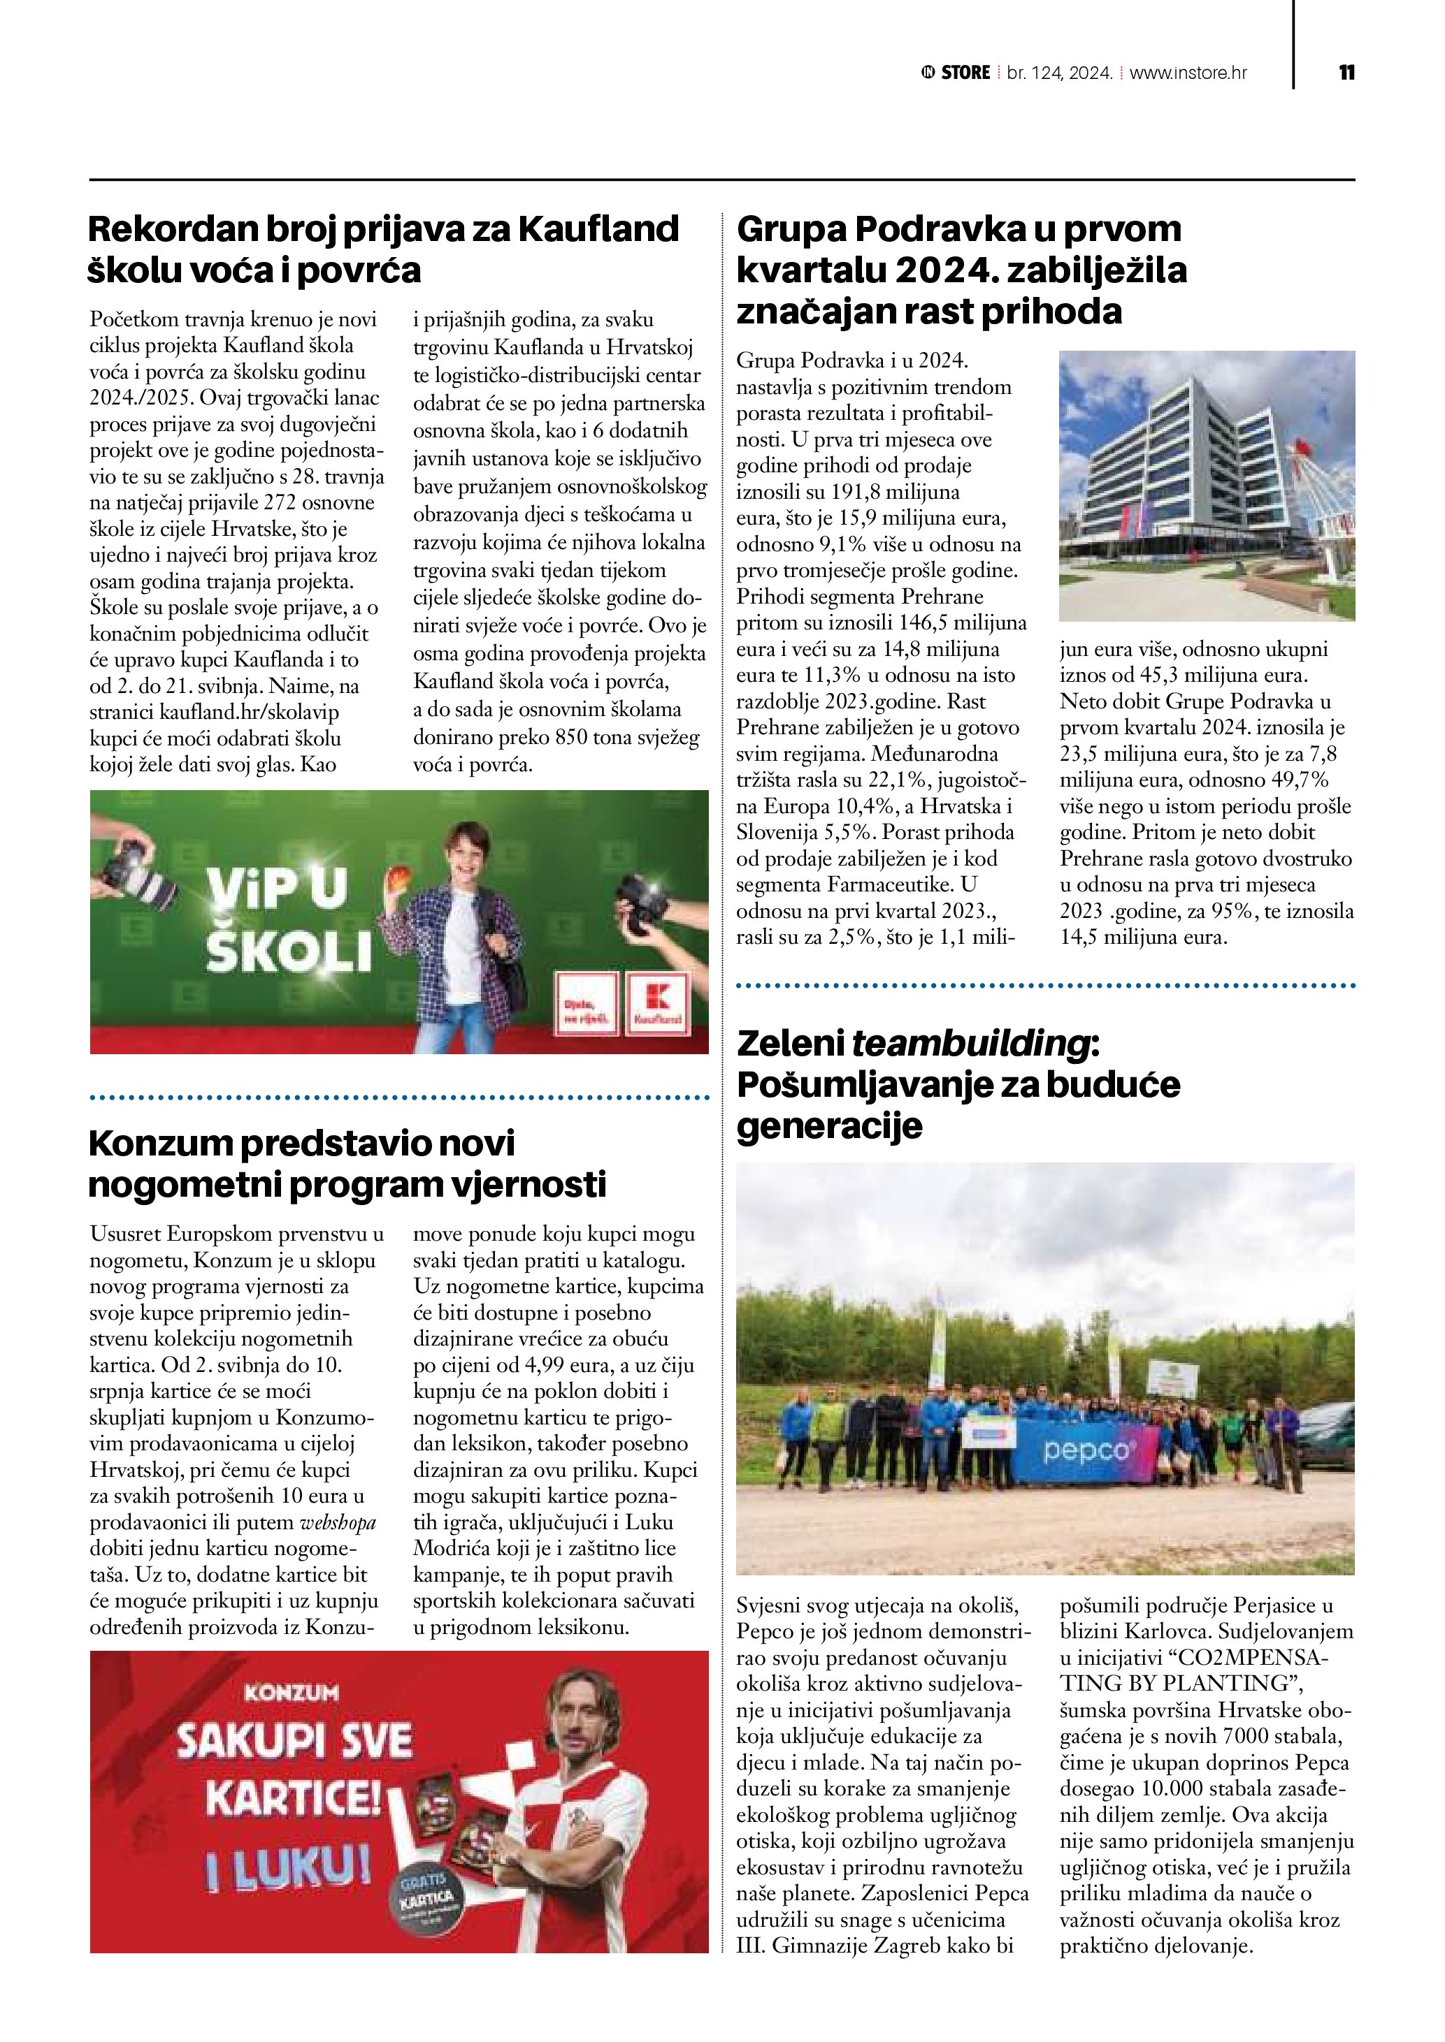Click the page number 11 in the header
point(1346,73)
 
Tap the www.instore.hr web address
point(1188,73)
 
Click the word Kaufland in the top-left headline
point(598,229)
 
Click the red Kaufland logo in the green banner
point(659,1003)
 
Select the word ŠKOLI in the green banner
point(289,952)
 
